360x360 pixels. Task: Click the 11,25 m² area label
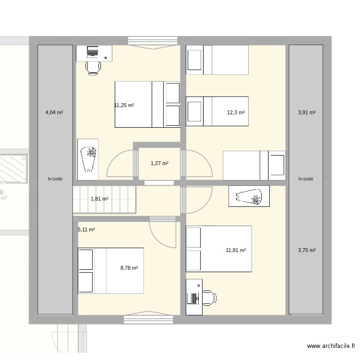[x=124, y=105]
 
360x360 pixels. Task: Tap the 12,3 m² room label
[x=236, y=112]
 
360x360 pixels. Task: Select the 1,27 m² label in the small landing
[x=159, y=163]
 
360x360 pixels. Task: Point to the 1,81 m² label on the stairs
[x=99, y=199]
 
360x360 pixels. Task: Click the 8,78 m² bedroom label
[x=129, y=268]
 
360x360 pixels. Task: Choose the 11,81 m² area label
[x=236, y=250]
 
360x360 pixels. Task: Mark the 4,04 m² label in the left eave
[x=54, y=112]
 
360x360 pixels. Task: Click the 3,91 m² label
[x=307, y=112]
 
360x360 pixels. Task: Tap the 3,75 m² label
[x=307, y=250]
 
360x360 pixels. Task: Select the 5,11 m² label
[x=86, y=229]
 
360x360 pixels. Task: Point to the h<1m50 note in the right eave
[x=306, y=179]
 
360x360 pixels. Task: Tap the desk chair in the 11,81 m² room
[x=208, y=298]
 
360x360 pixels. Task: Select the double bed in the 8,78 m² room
[x=110, y=270]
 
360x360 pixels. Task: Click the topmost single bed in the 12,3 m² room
[x=217, y=60]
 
